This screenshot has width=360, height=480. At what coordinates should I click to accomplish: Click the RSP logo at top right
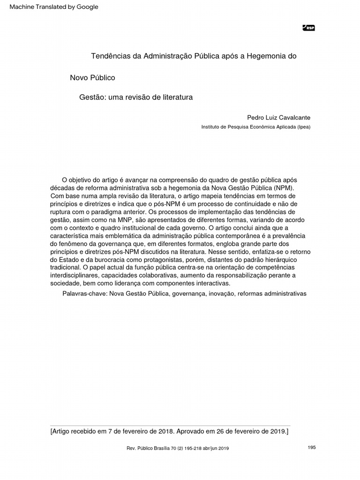(309, 28)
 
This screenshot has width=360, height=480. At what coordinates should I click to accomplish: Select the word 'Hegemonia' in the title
(264, 56)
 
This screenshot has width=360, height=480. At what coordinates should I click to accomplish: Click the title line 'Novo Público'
(92, 77)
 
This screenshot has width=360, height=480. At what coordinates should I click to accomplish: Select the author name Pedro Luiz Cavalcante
(278, 117)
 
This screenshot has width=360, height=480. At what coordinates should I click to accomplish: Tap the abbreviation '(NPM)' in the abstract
(282, 188)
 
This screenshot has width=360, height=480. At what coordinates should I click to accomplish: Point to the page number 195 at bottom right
(312, 447)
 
